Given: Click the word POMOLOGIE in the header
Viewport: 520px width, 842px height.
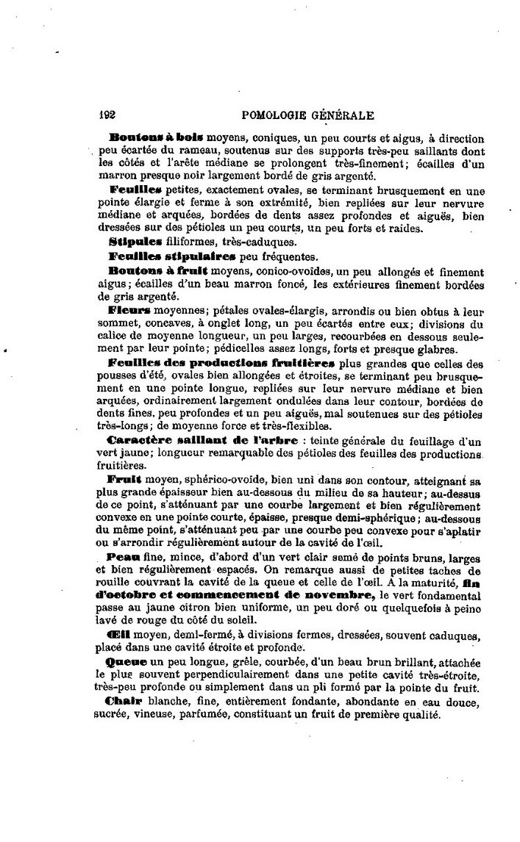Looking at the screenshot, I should (281, 115).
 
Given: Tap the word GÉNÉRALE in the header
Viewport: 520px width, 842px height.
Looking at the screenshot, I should (348, 115).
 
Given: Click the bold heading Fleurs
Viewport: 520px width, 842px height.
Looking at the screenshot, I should (129, 310).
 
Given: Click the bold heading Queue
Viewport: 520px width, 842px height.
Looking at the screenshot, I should (126, 661).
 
